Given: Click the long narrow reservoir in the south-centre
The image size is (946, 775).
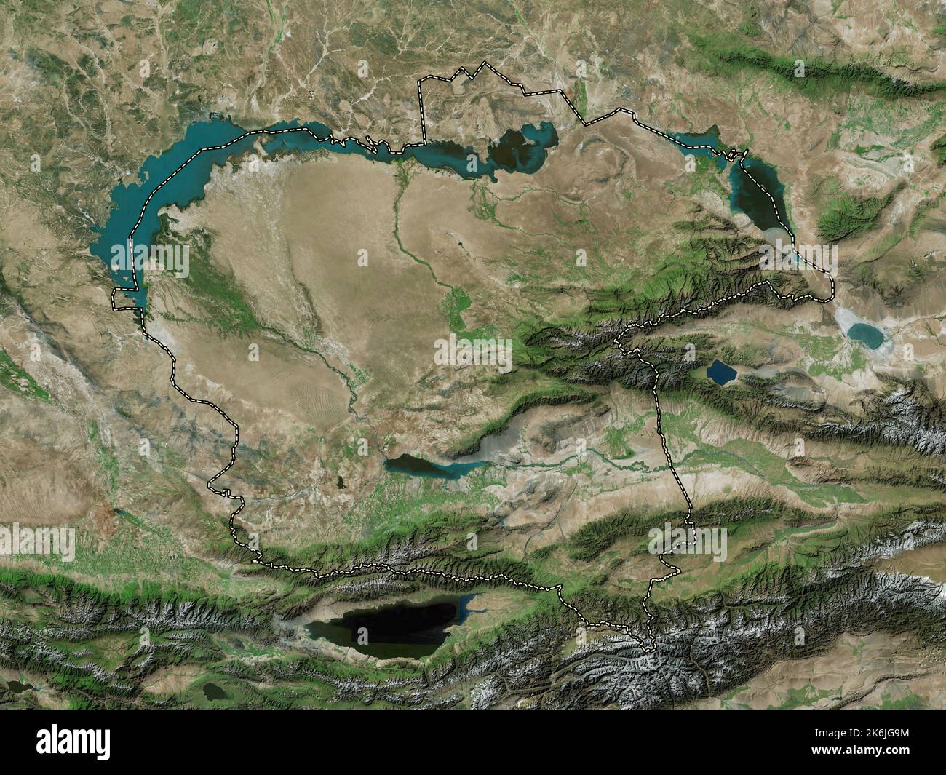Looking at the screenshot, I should click(422, 465).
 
